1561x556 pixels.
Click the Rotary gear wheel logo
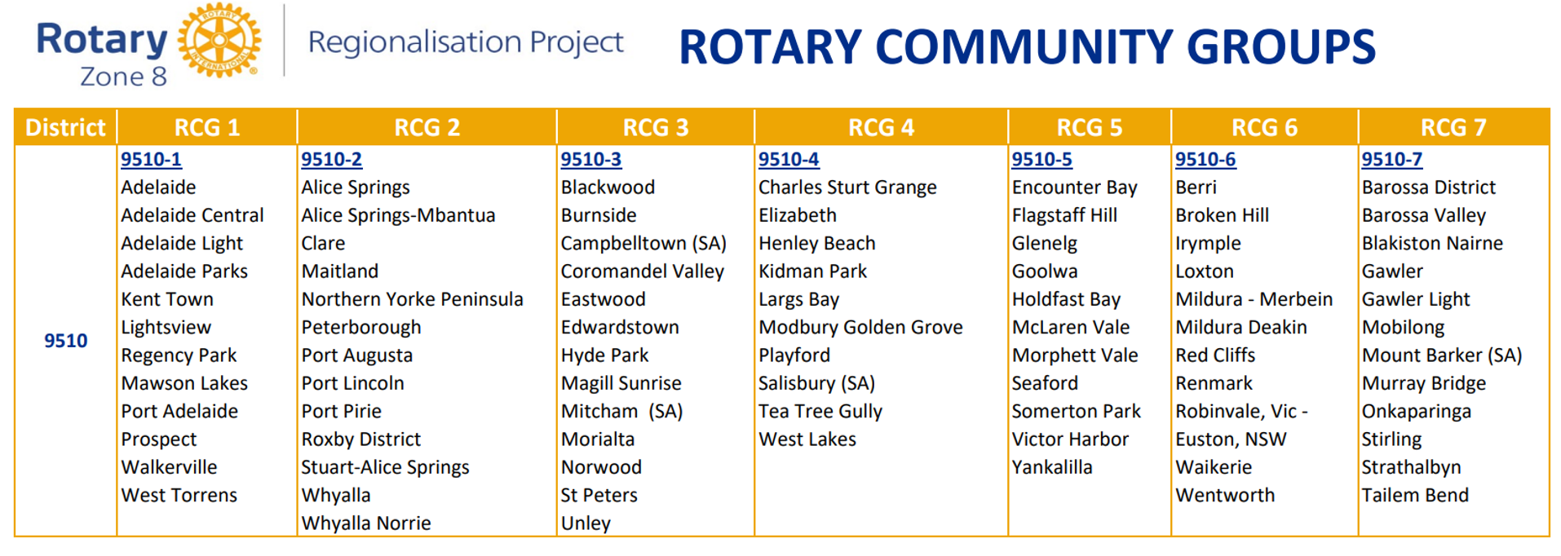point(219,40)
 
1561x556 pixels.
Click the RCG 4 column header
point(881,127)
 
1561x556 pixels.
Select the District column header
point(65,127)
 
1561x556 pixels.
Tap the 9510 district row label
point(66,341)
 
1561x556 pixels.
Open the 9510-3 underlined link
point(591,160)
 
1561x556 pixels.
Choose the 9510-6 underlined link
point(1205,160)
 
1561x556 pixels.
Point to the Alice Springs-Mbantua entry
point(398,215)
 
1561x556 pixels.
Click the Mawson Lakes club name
point(184,383)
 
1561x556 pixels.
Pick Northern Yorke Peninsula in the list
point(412,299)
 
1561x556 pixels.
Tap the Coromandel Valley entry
point(643,271)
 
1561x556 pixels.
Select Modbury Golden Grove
point(860,327)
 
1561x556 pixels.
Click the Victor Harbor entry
point(1070,439)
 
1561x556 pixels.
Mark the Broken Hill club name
point(1222,215)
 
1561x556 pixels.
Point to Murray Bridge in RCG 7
point(1424,383)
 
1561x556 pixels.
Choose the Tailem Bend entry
point(1415,495)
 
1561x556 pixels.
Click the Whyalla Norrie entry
point(366,523)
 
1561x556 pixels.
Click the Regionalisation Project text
point(466,42)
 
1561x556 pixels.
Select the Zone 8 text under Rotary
point(123,77)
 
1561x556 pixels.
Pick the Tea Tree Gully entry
point(820,412)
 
